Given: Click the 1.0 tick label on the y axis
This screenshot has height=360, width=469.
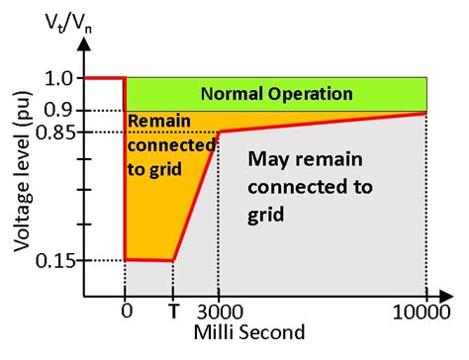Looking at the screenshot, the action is [x=60, y=77].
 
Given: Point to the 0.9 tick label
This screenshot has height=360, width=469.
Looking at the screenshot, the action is [x=60, y=110].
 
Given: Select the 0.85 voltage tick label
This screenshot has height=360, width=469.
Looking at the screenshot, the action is [x=53, y=132].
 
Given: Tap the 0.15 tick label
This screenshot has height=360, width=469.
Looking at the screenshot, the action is [x=53, y=260].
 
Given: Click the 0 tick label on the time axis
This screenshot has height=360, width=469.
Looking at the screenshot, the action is [x=125, y=309].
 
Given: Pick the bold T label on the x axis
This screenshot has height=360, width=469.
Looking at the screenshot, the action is [x=173, y=309].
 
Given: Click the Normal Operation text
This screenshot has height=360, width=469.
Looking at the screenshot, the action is [x=276, y=94].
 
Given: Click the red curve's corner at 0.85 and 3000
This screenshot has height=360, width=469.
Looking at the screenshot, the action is [x=219, y=131].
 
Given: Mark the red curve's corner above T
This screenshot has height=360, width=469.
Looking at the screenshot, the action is [x=173, y=261].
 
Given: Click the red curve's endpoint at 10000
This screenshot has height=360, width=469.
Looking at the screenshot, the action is [x=425, y=113].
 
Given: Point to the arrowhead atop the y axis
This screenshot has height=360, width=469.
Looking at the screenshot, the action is [x=84, y=45].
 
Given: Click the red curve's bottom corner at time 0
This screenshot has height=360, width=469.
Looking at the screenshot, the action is [x=125, y=259].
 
